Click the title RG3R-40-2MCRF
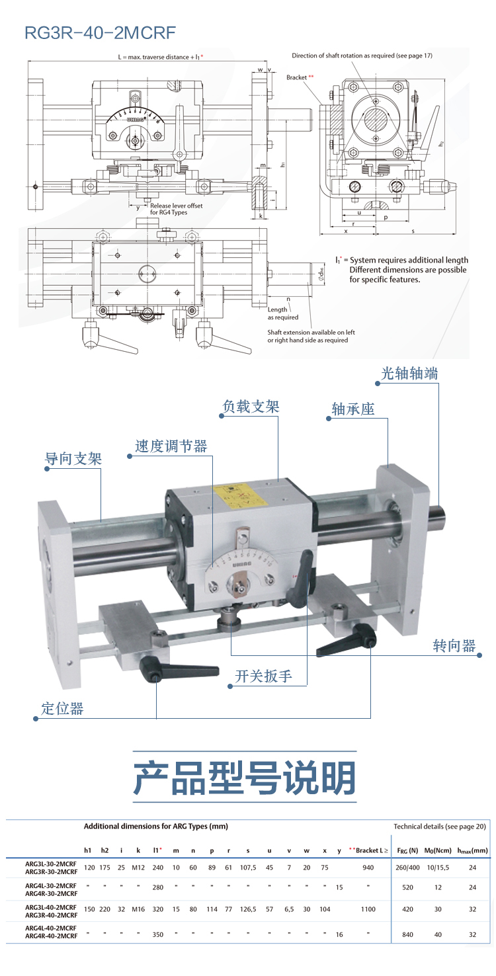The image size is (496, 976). [x=100, y=32]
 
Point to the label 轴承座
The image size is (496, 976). [x=352, y=409]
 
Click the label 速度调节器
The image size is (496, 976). [x=171, y=446]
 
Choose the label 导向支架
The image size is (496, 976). [x=73, y=458]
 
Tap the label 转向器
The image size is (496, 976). [x=454, y=645]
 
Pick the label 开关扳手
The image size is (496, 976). [x=263, y=676]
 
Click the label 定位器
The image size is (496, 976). [x=62, y=709]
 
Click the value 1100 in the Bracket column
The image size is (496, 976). [x=368, y=909]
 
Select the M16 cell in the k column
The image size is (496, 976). [x=138, y=909]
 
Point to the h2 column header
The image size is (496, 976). [x=104, y=850]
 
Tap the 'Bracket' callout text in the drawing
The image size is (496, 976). [x=297, y=77]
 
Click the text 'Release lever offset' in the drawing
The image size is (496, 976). [x=177, y=206]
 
